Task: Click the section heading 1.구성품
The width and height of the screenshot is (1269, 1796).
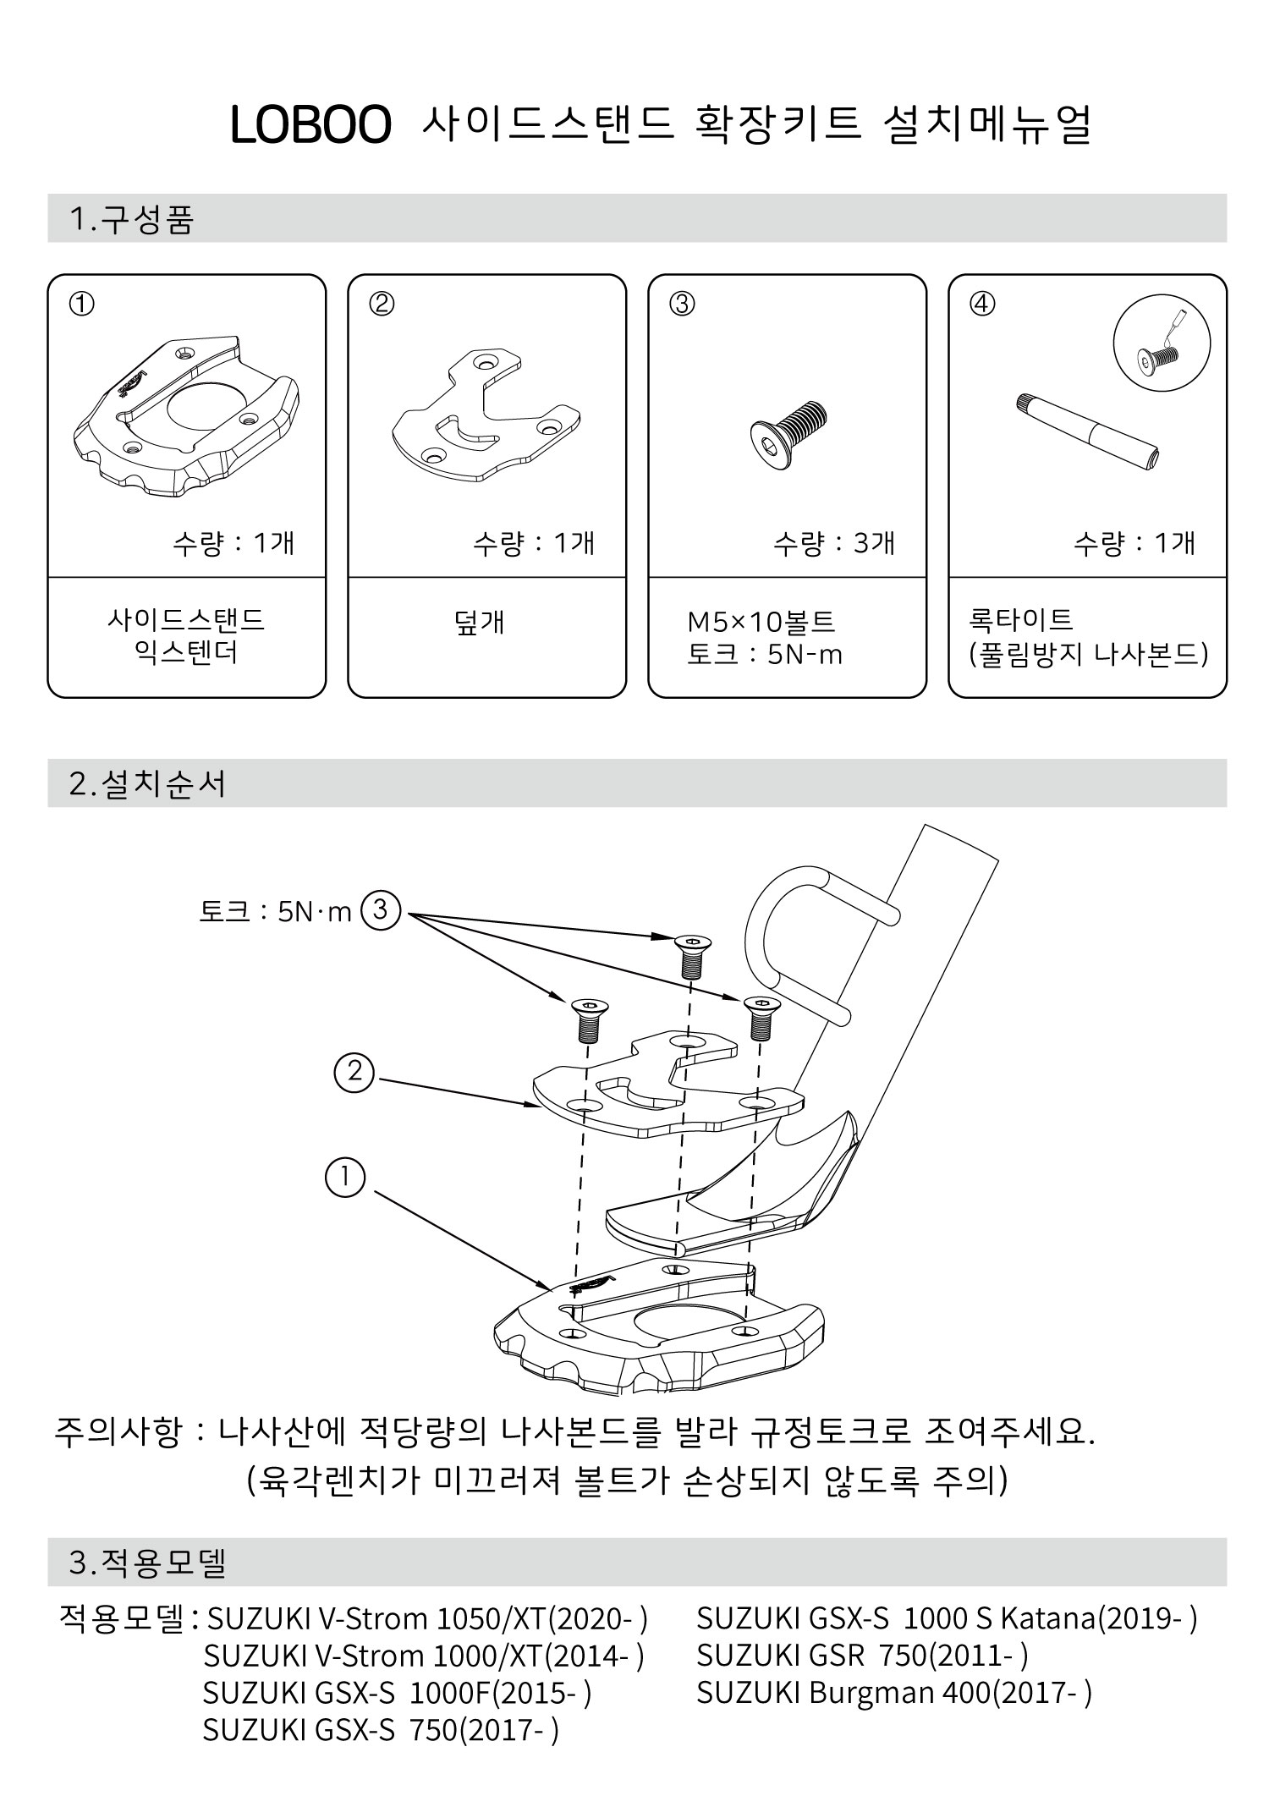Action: [132, 219]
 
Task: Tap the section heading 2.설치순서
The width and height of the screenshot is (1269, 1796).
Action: [148, 783]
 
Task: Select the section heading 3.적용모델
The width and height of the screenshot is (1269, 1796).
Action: [148, 1563]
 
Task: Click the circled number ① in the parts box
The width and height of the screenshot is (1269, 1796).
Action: [82, 304]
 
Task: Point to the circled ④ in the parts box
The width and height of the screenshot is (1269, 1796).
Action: [982, 304]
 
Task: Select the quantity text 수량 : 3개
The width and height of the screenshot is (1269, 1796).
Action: [833, 543]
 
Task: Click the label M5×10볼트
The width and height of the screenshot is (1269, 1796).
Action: [761, 622]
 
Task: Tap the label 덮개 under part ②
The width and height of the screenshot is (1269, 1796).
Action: [479, 622]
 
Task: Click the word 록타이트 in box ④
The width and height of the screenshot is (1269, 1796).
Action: [1021, 620]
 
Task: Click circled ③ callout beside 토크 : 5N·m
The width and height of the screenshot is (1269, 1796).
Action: [380, 910]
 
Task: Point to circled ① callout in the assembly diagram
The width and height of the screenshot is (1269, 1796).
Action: [345, 1178]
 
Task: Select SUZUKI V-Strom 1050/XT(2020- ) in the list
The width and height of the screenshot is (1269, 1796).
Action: [427, 1618]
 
